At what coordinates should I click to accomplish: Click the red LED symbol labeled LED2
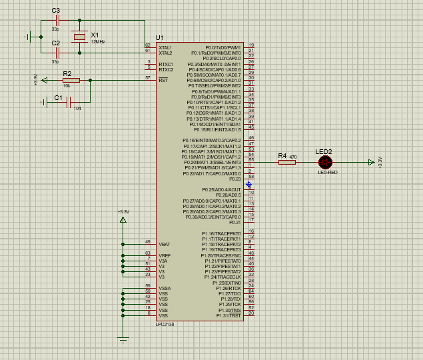(x=325, y=162)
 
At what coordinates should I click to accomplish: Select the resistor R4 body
(x=286, y=162)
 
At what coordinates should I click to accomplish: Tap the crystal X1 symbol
(x=79, y=37)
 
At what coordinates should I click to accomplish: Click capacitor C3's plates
(x=57, y=21)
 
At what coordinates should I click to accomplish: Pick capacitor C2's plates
(x=57, y=53)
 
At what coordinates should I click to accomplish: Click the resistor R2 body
(x=71, y=80)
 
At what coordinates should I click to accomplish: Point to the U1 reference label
(x=159, y=37)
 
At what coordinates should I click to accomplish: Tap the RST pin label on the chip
(x=163, y=80)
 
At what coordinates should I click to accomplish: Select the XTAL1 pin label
(x=165, y=48)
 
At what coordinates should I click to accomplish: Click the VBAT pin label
(x=165, y=245)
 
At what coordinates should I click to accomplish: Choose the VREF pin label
(x=165, y=255)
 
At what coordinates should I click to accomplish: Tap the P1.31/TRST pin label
(x=227, y=316)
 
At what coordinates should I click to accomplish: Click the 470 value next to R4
(x=293, y=156)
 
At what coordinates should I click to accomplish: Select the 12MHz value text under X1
(x=98, y=42)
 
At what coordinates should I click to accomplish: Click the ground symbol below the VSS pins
(x=123, y=340)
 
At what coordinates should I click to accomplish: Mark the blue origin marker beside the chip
(x=248, y=184)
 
